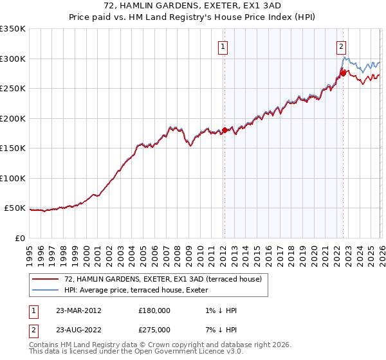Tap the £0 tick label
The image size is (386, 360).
(20, 238)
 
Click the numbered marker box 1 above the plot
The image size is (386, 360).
(223, 46)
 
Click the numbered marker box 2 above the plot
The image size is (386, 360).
(340, 46)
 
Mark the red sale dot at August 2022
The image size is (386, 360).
(343, 73)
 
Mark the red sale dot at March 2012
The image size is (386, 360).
(225, 130)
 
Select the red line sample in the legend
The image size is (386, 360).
(46, 279)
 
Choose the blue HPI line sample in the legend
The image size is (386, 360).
(46, 290)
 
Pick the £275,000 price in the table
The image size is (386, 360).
(154, 330)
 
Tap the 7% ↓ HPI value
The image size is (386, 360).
(219, 330)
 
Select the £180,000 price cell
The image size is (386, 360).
(154, 310)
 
